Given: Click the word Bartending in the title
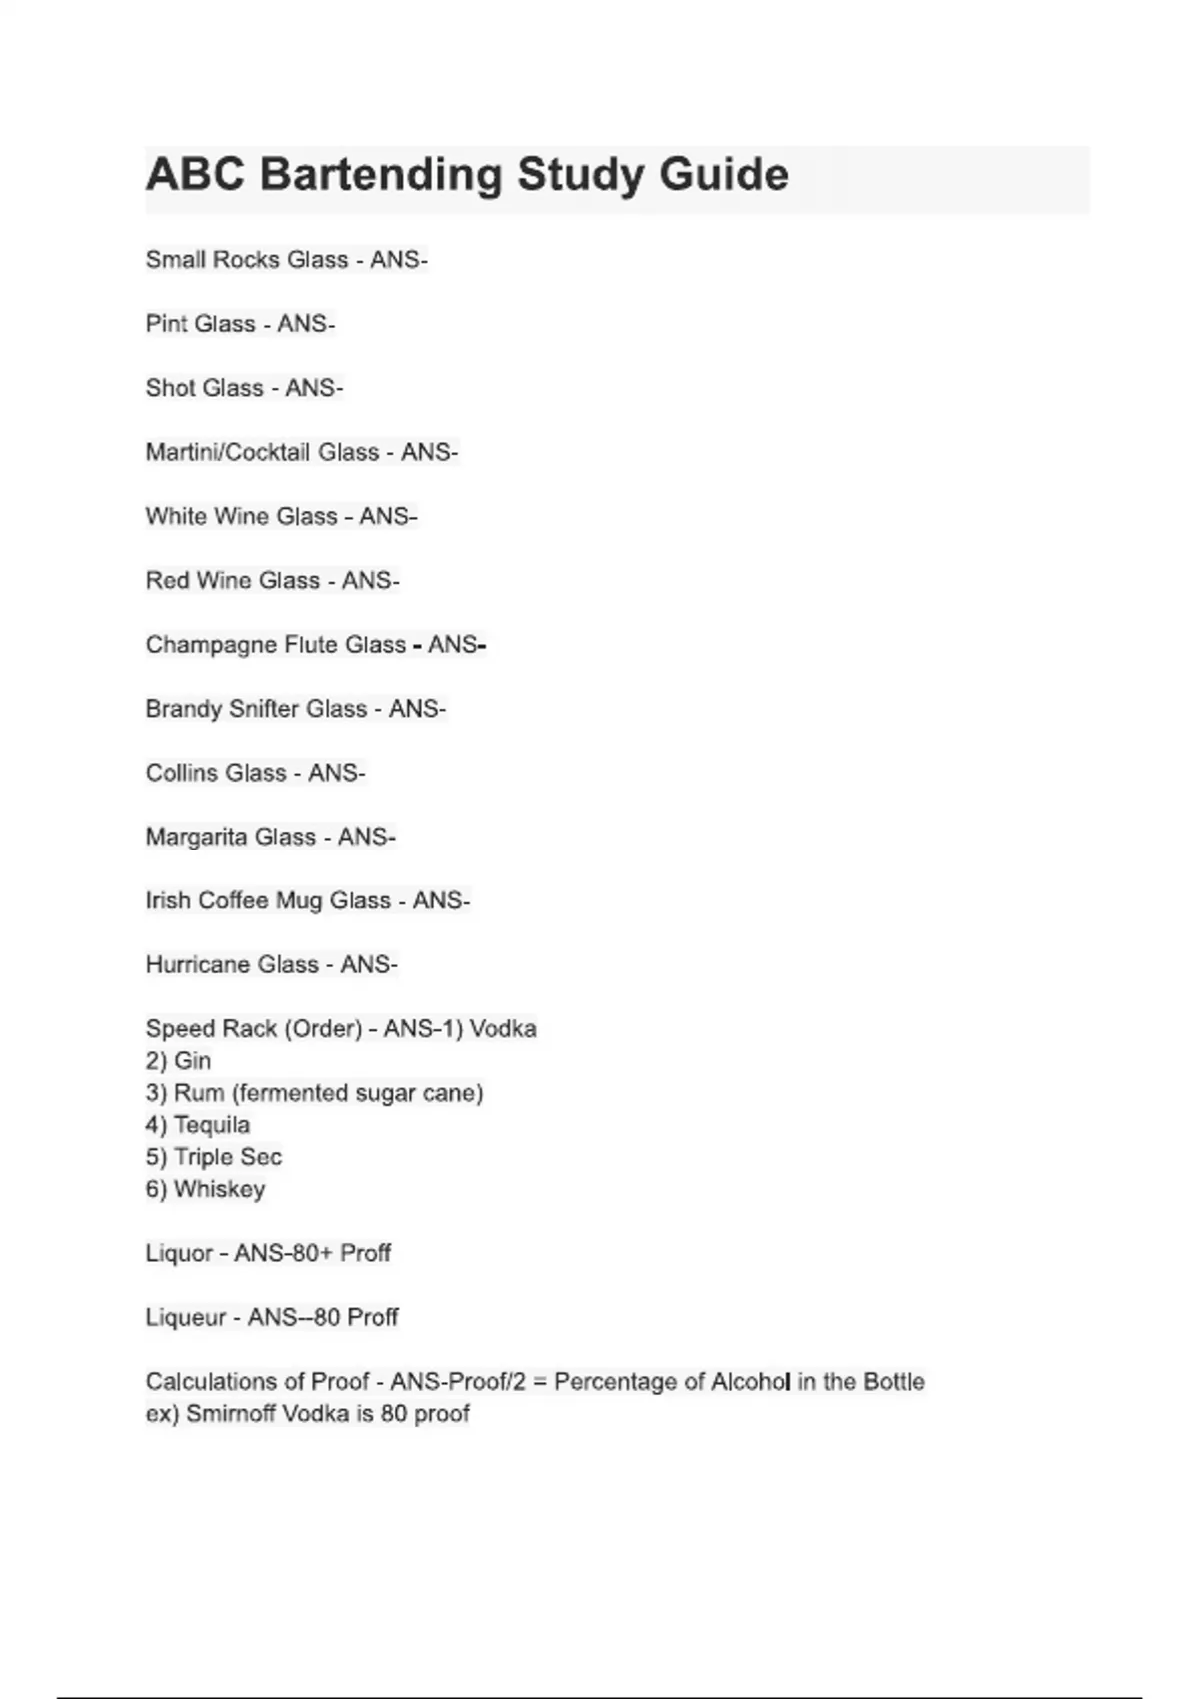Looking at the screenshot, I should pyautogui.click(x=381, y=175).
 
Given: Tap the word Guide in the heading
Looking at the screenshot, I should pyautogui.click(x=724, y=175).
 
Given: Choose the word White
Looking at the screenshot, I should pyautogui.click(x=176, y=516).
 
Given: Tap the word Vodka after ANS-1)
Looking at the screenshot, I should pyautogui.click(x=503, y=1028).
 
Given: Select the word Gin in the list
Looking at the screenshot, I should pyautogui.click(x=192, y=1060).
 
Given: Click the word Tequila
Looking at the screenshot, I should pyautogui.click(x=211, y=1125).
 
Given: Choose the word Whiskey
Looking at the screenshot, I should pyautogui.click(x=219, y=1189).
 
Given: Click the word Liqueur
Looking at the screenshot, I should pyautogui.click(x=186, y=1317).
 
